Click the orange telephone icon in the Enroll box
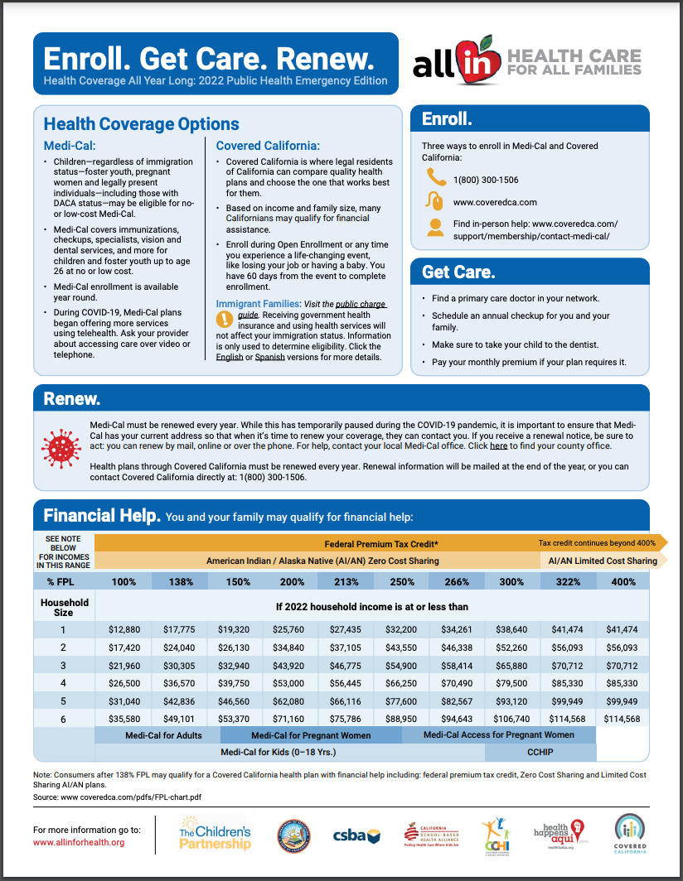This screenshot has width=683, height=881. [435, 177]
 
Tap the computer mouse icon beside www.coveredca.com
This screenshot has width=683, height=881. [435, 201]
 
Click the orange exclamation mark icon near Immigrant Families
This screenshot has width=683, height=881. [224, 319]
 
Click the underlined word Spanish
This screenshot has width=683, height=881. [269, 358]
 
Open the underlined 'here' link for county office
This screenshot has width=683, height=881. [498, 445]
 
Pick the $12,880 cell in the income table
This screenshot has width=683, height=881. [124, 630]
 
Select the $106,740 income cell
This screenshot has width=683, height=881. [511, 719]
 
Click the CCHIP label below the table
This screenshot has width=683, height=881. [540, 752]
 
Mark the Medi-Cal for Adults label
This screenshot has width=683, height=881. [157, 735]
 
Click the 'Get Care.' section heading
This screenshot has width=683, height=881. [458, 272]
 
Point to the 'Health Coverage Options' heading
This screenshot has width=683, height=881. [141, 124]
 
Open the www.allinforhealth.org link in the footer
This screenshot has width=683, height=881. [79, 842]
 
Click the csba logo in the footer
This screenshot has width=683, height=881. [356, 835]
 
